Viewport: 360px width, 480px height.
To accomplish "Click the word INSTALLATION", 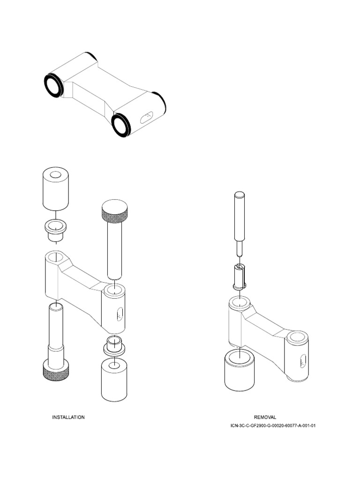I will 68,417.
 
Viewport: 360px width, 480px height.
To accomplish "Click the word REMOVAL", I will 265,417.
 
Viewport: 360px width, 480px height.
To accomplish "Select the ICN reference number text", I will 273,426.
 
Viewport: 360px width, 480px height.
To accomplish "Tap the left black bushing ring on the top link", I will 53,85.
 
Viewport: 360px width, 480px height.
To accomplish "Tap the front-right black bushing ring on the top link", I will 121,125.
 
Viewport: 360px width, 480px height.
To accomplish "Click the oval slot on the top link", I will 147,116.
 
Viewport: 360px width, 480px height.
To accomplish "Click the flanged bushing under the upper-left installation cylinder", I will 56,230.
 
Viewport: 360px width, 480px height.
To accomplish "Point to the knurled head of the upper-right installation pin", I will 115,211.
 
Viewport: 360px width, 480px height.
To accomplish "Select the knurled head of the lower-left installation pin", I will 56,371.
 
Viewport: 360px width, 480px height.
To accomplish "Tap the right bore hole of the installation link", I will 114,289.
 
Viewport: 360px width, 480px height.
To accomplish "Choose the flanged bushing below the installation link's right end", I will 114,345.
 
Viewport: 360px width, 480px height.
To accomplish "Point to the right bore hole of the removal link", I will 297,337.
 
